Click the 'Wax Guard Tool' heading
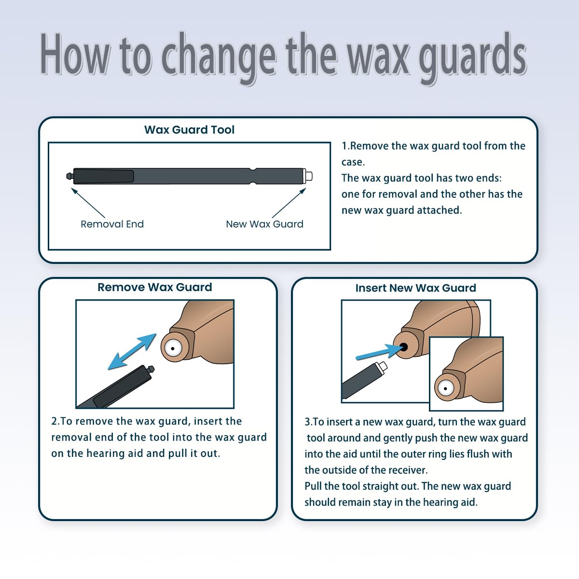click(x=189, y=130)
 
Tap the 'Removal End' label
click(x=112, y=224)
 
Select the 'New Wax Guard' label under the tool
click(x=264, y=224)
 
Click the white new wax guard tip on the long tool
click(x=308, y=176)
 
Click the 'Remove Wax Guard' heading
click(x=154, y=287)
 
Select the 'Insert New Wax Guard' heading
click(x=415, y=288)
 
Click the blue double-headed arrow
click(x=132, y=352)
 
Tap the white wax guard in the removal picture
click(x=172, y=347)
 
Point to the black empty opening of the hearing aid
click(x=403, y=347)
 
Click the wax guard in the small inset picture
click(x=445, y=388)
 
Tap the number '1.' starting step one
click(x=345, y=146)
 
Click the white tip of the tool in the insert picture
click(x=383, y=367)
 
